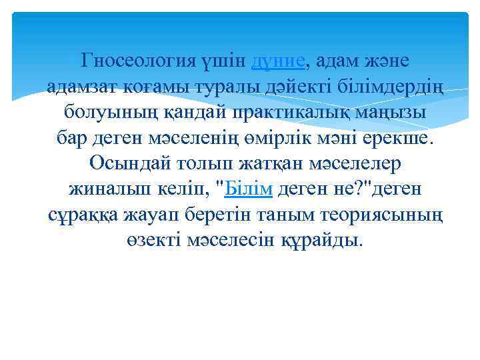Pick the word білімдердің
point(371,87)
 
